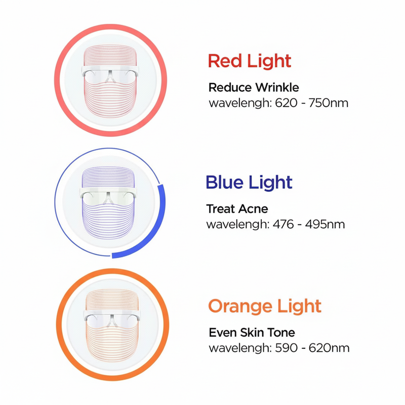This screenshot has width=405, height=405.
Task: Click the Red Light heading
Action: click(x=250, y=61)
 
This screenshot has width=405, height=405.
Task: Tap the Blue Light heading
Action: click(x=249, y=182)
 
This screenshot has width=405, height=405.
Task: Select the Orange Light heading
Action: click(x=265, y=306)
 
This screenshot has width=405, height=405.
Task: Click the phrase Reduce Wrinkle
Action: click(x=254, y=88)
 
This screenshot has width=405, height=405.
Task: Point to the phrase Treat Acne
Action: click(x=237, y=209)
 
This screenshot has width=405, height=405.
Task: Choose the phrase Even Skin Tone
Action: click(x=252, y=333)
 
